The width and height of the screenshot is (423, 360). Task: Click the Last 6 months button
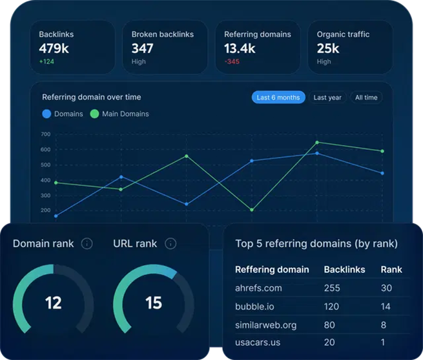click(278, 97)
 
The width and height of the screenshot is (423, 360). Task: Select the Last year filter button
click(327, 97)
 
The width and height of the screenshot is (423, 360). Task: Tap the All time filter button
click(366, 97)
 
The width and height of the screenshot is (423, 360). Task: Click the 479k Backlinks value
click(55, 48)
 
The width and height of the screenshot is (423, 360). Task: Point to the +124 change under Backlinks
click(47, 62)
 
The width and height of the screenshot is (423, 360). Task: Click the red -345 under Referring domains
click(232, 62)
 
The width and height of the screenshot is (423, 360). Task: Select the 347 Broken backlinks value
click(143, 48)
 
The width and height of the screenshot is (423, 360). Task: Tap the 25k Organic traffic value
click(328, 48)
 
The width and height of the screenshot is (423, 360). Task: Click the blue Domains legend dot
click(46, 114)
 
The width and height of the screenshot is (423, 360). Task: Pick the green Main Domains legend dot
click(94, 114)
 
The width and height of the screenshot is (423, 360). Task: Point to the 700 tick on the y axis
click(45, 134)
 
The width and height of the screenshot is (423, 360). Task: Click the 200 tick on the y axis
click(45, 210)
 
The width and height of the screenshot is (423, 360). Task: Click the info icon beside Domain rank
click(87, 243)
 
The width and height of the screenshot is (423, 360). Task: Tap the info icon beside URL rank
click(170, 243)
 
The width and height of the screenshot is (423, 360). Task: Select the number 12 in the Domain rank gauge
click(53, 302)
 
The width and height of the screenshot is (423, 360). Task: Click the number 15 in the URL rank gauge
click(154, 302)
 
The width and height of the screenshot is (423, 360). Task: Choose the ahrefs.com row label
click(258, 288)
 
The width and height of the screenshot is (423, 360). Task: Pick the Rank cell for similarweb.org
click(384, 324)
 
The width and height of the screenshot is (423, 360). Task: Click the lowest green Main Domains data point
click(251, 210)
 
